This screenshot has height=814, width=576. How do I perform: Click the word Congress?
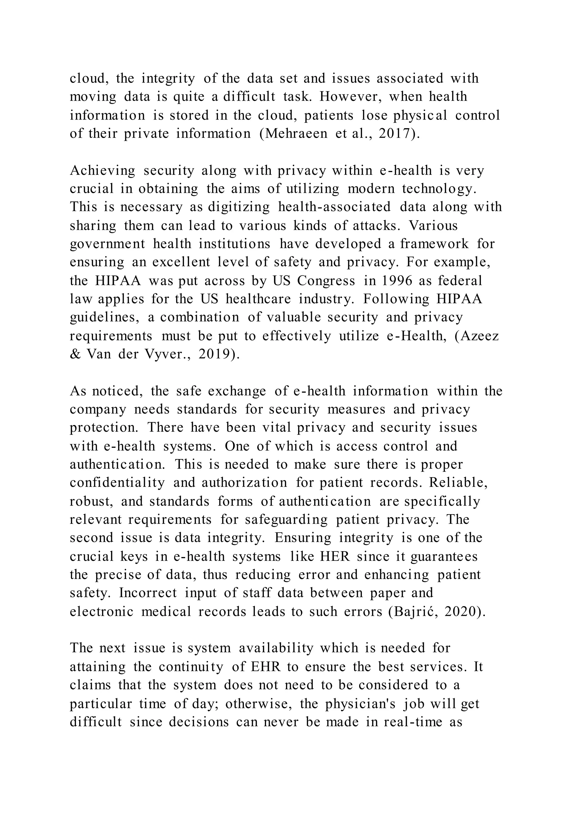click(x=326, y=281)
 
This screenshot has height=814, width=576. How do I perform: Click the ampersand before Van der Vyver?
click(x=75, y=354)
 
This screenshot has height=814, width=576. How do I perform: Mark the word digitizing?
click(x=239, y=207)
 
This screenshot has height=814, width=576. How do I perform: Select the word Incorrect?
click(x=148, y=593)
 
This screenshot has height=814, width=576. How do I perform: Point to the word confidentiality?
click(x=117, y=483)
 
